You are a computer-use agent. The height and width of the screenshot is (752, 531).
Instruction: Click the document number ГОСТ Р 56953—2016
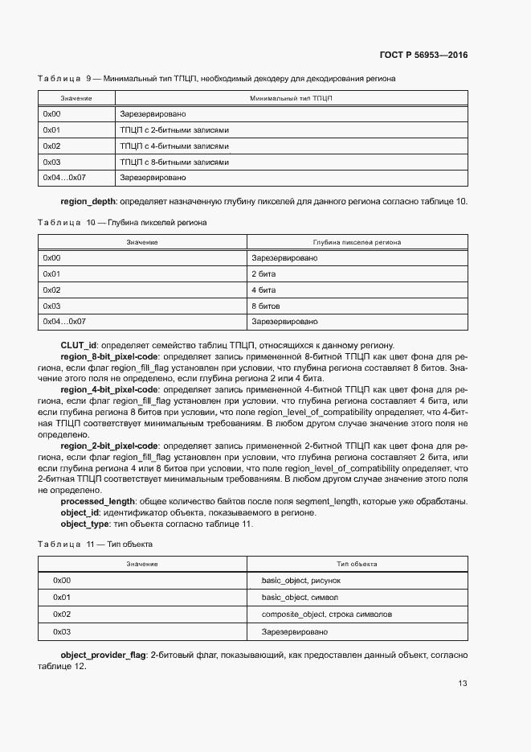423,55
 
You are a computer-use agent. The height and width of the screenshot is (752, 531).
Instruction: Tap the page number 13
462,684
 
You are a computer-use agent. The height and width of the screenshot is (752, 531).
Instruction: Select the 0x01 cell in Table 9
52,129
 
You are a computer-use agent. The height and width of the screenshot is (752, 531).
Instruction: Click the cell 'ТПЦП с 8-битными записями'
174,162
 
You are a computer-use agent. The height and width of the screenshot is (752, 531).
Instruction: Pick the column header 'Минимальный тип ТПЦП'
291,98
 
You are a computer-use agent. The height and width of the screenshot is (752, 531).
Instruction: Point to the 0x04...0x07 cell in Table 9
64,177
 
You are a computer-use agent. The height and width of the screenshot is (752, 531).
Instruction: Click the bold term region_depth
89,201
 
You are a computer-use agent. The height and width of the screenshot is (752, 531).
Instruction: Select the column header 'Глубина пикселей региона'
357,242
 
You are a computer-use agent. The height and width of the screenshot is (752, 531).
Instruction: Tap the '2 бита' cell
263,273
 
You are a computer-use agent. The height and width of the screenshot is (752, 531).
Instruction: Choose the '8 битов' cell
266,306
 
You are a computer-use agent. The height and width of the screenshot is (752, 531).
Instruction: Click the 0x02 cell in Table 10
52,290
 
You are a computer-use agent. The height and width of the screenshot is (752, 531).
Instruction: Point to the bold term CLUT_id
79,345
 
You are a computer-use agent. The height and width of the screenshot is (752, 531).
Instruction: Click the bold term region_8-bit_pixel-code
109,355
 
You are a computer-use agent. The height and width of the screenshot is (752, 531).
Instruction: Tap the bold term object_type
85,524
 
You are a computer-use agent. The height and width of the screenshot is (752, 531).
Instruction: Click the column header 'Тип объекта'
357,565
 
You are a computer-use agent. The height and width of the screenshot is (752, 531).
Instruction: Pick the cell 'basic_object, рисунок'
301,580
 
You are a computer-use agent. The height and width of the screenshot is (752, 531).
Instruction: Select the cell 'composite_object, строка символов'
327,614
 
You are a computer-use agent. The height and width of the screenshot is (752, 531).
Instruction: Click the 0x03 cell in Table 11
62,631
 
